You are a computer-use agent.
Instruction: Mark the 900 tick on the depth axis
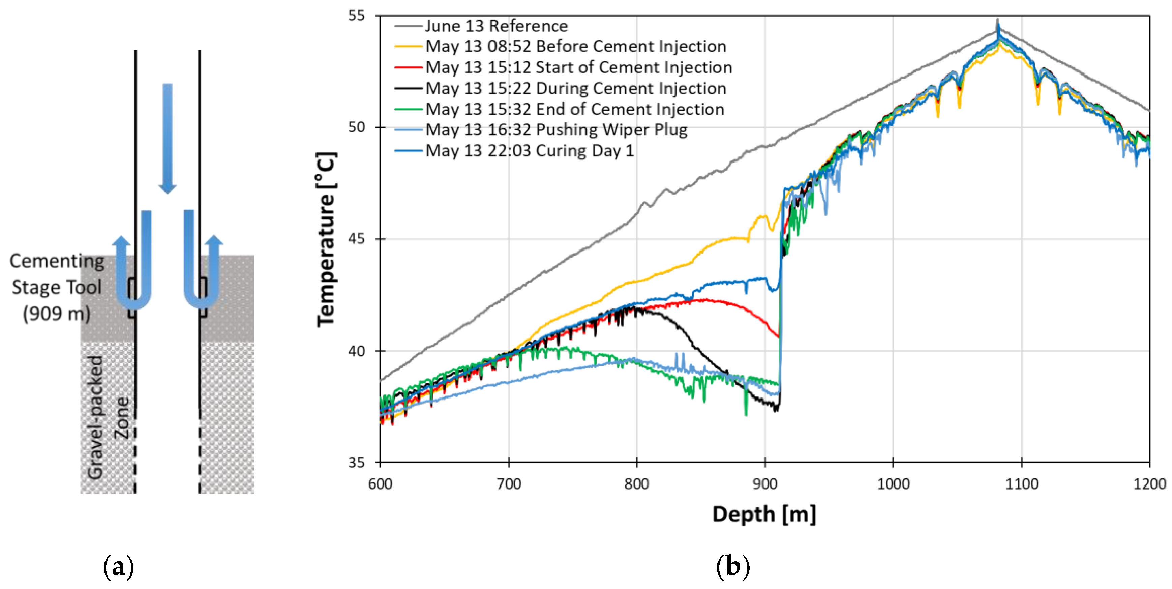[765, 483]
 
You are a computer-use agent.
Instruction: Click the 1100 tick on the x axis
[1021, 483]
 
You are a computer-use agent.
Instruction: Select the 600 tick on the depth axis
[380, 483]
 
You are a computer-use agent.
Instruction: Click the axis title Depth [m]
[764, 514]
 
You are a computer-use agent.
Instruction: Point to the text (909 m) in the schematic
[56, 313]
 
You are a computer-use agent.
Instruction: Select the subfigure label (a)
[119, 567]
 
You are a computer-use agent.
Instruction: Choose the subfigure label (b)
[733, 567]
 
